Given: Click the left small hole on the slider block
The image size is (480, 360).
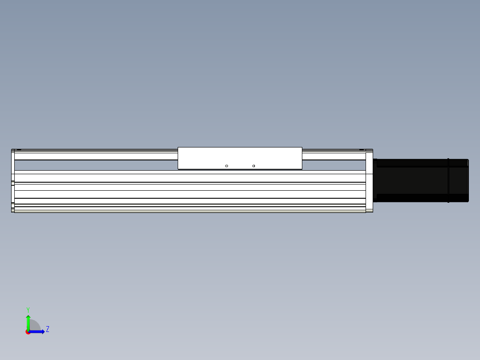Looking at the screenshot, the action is [x=227, y=166].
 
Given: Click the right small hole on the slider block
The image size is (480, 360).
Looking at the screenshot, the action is [x=253, y=166].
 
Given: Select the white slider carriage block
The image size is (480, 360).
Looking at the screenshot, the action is [x=240, y=158].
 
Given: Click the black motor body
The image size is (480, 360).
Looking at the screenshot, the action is [x=421, y=180].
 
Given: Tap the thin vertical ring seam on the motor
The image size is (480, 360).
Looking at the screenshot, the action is [x=448, y=180].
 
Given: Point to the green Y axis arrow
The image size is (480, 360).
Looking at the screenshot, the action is [x=28, y=323].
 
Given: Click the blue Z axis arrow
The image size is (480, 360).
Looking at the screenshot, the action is [x=37, y=332].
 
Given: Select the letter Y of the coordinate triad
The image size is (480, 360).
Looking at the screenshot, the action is [x=28, y=310].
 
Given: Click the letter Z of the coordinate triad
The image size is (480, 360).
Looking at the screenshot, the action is [x=48, y=329].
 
